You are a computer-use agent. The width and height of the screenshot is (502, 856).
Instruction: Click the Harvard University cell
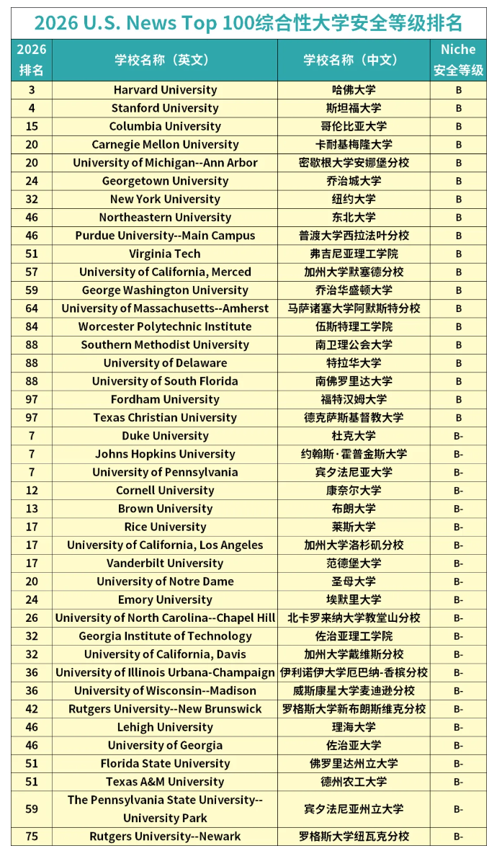click(x=165, y=90)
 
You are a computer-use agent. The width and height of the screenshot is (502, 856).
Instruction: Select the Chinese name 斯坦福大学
click(x=354, y=108)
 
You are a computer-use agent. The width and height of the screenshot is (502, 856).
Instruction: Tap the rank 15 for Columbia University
click(x=32, y=126)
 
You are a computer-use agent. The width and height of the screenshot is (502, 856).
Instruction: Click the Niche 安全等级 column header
click(x=458, y=60)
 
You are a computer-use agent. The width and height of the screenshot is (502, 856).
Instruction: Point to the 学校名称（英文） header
click(x=165, y=60)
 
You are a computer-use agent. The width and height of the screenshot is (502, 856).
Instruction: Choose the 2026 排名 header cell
click(x=32, y=60)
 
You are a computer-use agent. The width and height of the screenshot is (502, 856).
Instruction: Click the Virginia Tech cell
click(x=165, y=254)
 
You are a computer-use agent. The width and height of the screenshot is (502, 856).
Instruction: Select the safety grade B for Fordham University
click(x=458, y=399)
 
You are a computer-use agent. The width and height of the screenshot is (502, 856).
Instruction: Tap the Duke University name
click(x=165, y=436)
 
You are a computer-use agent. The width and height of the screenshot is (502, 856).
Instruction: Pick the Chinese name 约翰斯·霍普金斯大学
click(x=354, y=454)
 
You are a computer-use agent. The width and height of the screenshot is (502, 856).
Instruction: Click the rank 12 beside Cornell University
click(x=32, y=491)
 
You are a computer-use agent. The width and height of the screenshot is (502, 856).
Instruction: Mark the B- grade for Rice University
click(x=458, y=527)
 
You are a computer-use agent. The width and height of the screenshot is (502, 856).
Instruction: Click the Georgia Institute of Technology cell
click(x=165, y=636)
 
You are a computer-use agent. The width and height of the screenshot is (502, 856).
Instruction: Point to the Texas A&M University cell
click(x=165, y=782)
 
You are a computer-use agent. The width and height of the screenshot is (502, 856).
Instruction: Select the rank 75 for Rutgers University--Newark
click(x=32, y=837)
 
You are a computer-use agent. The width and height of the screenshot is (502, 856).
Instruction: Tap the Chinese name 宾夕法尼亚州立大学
click(x=354, y=809)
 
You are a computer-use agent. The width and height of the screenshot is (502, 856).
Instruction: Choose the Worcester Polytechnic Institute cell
click(x=165, y=326)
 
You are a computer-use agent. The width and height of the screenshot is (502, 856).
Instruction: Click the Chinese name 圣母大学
click(x=354, y=581)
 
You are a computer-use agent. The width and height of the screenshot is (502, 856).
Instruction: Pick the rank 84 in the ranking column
click(x=32, y=326)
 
